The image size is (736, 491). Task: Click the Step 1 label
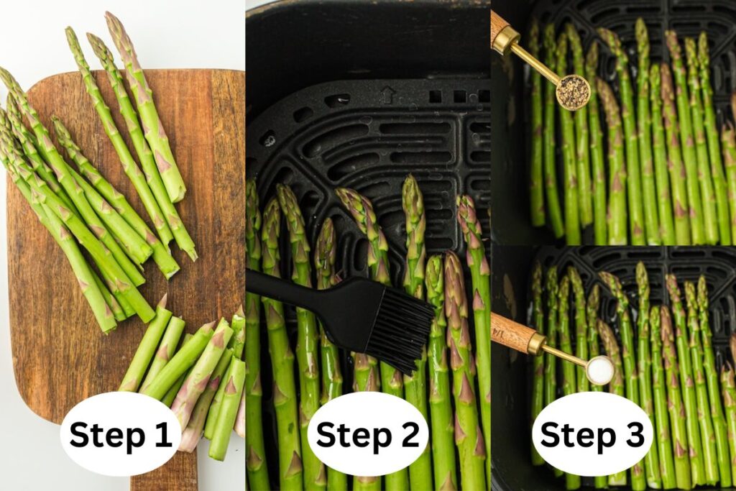click(120, 434)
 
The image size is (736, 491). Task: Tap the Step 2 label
click(367, 434)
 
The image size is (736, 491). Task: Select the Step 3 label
click(592, 434)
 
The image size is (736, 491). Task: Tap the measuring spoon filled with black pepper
click(573, 92)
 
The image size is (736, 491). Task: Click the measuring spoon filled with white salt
click(599, 370)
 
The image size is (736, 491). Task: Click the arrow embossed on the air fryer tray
click(388, 94)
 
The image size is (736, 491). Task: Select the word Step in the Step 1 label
click(105, 435)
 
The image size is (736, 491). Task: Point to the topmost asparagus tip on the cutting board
click(114, 22)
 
